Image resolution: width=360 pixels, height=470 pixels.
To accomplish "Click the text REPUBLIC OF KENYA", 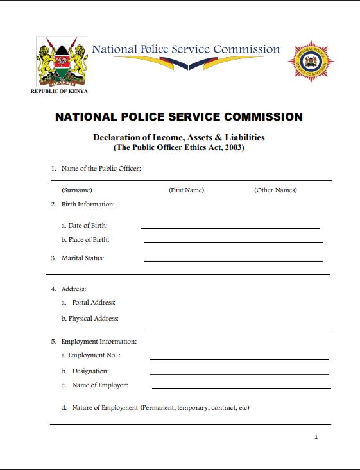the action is (59, 91).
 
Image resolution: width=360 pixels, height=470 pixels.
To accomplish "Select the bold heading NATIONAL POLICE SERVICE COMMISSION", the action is (179, 117).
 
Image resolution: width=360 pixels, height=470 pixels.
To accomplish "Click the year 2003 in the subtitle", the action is (232, 147).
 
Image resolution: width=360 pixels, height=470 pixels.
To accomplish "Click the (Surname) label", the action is (76, 190).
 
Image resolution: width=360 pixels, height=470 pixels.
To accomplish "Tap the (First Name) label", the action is (186, 190).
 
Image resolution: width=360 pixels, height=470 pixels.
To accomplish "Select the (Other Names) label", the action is (275, 190).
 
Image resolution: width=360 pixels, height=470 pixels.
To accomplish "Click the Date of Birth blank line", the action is (230, 228).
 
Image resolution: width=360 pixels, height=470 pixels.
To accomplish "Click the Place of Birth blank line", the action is (233, 242).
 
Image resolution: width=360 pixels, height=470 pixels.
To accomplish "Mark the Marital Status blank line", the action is (234, 260).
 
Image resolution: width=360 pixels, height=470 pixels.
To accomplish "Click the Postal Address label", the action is (93, 303).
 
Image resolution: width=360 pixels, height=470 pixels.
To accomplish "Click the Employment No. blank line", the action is (239, 358).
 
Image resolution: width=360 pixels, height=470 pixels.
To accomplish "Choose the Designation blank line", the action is (239, 374).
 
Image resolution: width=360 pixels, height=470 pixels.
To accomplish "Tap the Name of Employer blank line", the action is (241, 388).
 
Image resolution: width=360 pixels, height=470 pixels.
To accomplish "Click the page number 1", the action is (316, 437).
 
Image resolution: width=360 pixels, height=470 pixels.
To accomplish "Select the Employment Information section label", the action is (99, 342).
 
